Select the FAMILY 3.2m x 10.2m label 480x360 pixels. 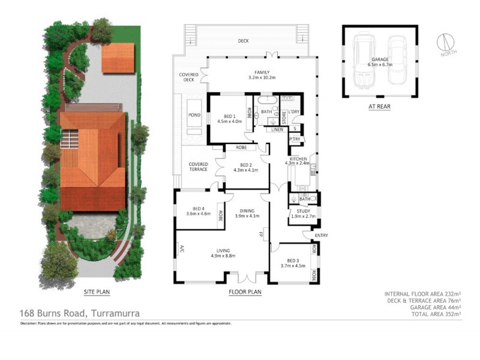coord(262,74)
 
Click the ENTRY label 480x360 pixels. coord(321,235)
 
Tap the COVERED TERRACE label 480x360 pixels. coord(198,167)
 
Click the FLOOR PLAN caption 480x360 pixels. coord(245,292)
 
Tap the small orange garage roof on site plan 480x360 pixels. coord(115,58)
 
